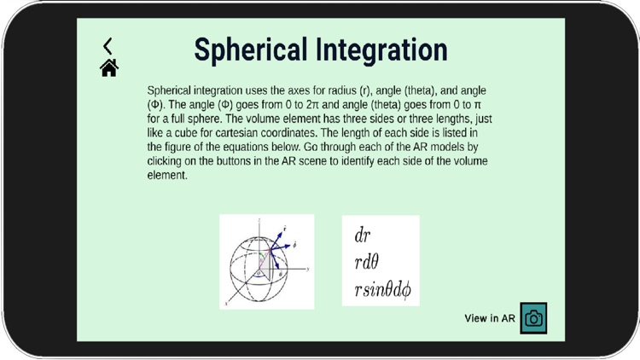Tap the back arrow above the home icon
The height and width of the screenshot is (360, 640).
[x=108, y=46]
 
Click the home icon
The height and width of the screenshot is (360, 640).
[x=108, y=68]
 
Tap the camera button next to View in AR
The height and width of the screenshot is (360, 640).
[x=533, y=318]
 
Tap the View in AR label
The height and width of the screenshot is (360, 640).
[x=490, y=319]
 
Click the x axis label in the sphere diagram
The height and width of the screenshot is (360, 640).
[x=226, y=303]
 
